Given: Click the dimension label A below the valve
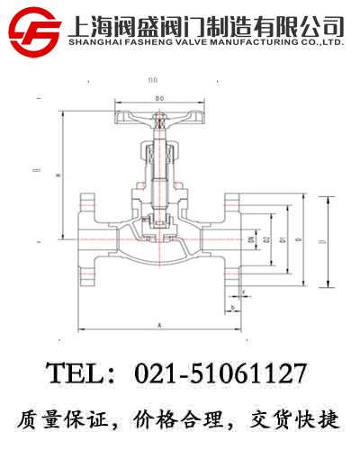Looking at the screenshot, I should pos(158,322).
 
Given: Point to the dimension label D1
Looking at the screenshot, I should pos(283,239).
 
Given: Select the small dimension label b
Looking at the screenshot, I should pos(232,308).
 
